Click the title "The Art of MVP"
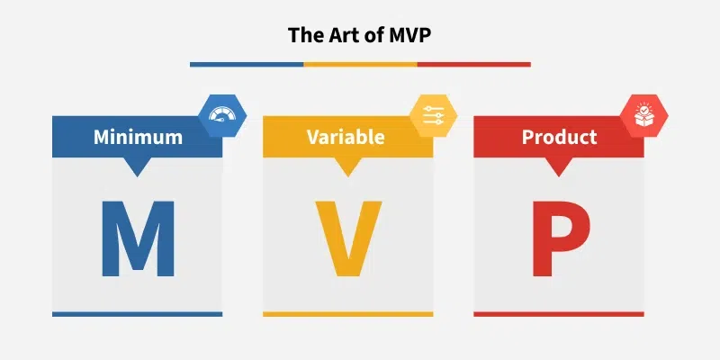pos(359,35)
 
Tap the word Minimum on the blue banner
pos(138,138)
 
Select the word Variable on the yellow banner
pos(346,138)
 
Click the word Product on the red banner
pos(559,138)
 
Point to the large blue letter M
pos(137,238)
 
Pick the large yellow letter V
pos(347,238)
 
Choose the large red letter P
pos(559,238)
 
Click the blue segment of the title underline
pos(246,64)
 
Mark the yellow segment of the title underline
pos(360,64)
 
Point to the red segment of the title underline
pos(473,64)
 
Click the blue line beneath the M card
pos(137,314)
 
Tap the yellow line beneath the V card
pos(347,314)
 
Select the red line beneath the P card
pos(559,314)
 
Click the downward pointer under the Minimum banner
pos(137,166)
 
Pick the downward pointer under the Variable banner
pos(347,166)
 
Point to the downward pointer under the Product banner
pos(559,166)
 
